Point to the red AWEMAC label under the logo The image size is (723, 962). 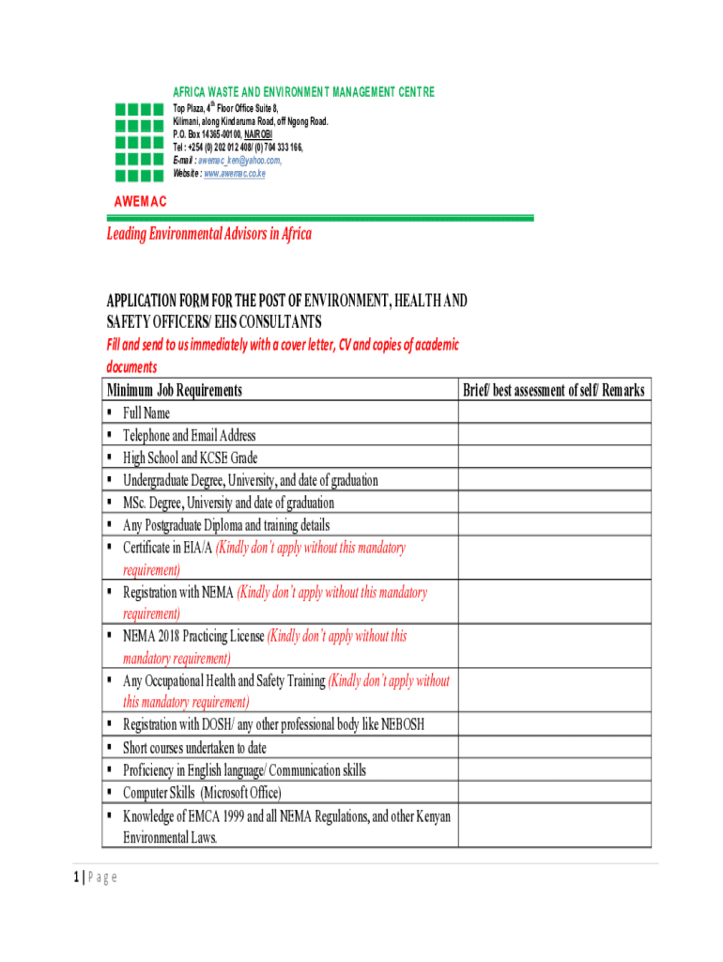pos(140,202)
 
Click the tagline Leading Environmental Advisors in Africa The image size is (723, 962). pos(208,234)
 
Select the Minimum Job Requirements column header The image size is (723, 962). pos(175,390)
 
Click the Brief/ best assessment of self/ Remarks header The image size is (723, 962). pos(553,390)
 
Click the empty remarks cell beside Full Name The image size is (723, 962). pos(553,412)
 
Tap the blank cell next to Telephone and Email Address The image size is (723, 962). pos(553,435)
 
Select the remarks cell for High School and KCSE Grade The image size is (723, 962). pos(553,458)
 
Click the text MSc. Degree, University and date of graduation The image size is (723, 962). pos(228,503)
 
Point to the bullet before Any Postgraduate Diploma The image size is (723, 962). pos(110,525)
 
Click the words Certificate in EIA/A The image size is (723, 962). pos(168,548)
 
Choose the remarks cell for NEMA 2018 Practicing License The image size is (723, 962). pos(553,646)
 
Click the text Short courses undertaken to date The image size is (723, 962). pos(194,748)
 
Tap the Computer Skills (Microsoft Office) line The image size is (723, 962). pos(202,793)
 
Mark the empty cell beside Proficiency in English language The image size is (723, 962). pos(553,770)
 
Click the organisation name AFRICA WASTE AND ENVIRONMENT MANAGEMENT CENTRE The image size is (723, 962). pos(304,92)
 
